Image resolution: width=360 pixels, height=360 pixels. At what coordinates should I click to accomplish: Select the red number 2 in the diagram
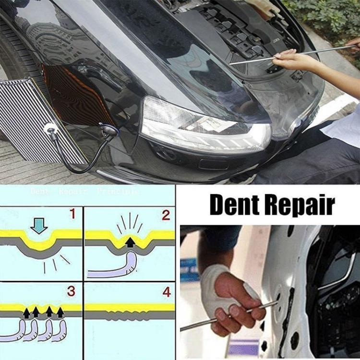tap(166, 215)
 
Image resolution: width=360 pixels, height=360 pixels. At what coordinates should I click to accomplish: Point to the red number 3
tap(71, 291)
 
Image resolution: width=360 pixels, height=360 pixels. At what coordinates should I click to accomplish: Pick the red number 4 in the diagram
tap(166, 291)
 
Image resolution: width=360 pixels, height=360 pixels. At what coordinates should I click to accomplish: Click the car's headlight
tap(206, 123)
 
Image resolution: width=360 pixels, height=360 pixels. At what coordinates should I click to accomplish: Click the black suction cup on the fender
tap(109, 130)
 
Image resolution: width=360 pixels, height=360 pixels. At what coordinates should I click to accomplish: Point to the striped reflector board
tap(24, 120)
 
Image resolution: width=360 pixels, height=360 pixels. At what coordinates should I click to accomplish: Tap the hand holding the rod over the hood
tap(293, 60)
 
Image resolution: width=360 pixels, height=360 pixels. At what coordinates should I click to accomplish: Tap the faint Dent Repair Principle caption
tap(84, 191)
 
